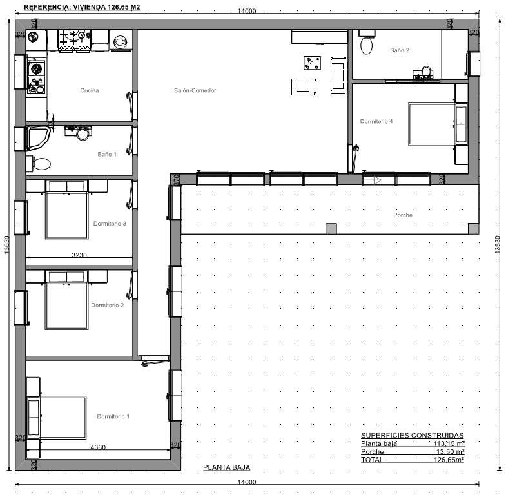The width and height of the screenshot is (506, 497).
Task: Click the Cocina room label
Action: (90, 90)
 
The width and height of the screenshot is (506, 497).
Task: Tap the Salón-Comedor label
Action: (195, 90)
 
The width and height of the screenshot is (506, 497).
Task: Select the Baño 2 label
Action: (400, 50)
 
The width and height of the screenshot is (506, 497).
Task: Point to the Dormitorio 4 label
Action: (376, 121)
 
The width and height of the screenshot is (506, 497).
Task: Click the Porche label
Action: (403, 215)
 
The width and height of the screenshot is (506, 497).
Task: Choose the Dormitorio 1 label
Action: (113, 416)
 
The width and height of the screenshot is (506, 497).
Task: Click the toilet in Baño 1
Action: (39, 164)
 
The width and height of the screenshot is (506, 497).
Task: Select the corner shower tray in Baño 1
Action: (38, 138)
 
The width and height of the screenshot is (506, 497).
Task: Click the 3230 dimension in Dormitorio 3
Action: (79, 255)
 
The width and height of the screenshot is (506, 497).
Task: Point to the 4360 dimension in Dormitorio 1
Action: (98, 447)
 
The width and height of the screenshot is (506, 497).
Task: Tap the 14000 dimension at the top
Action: (247, 11)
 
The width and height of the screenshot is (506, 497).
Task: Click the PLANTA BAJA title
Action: (226, 467)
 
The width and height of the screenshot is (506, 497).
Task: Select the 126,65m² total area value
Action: (449, 460)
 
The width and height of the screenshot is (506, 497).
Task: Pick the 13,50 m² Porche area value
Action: (451, 451)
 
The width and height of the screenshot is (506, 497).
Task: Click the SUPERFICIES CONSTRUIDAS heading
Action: (412, 435)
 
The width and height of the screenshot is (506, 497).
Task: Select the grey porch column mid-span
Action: (331, 228)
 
